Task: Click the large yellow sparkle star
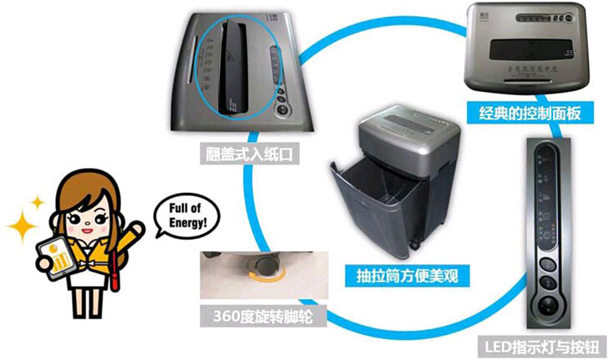[x=21, y=225]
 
